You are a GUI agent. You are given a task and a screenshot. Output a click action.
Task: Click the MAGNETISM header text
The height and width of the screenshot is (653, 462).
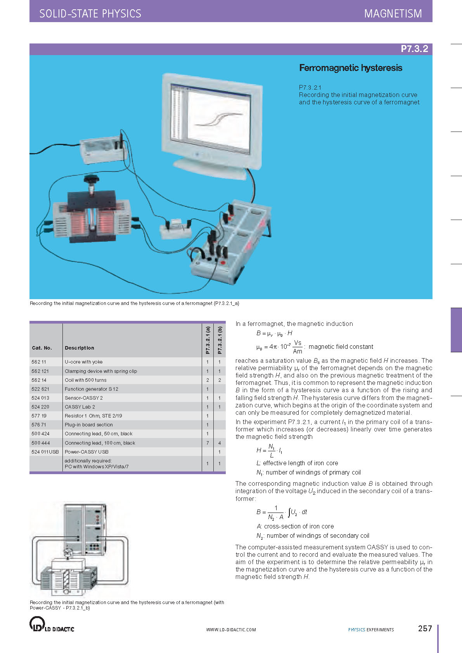click(x=393, y=14)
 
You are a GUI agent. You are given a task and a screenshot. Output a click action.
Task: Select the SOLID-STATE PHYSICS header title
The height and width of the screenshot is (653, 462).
click(x=90, y=14)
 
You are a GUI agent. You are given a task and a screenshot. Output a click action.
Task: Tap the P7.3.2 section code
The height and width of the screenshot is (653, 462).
click(x=414, y=49)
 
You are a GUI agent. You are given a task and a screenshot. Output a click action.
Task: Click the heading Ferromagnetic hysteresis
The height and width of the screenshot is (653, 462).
click(x=351, y=68)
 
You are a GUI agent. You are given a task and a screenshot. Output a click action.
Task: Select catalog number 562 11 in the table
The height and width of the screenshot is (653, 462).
click(x=39, y=362)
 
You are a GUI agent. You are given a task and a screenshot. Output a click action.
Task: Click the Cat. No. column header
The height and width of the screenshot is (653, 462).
click(x=42, y=348)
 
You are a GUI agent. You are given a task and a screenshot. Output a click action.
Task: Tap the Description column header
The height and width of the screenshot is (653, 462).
click(x=80, y=348)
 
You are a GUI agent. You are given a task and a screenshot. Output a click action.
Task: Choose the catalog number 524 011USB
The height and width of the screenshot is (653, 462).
click(x=45, y=452)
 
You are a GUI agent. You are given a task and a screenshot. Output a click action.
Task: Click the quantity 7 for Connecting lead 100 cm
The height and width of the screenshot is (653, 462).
click(x=208, y=443)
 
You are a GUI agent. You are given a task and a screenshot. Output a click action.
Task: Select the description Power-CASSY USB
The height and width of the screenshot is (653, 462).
click(x=87, y=452)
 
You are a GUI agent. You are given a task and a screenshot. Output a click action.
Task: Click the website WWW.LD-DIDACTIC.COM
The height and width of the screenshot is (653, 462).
click(x=231, y=630)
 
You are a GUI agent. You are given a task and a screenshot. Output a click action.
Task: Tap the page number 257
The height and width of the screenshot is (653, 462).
click(x=425, y=629)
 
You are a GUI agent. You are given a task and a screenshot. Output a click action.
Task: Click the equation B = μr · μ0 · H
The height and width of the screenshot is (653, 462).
click(x=274, y=333)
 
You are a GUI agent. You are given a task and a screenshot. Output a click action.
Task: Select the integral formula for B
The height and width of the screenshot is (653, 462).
click(x=282, y=513)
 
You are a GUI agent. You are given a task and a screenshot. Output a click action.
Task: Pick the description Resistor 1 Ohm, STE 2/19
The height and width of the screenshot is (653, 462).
click(x=93, y=416)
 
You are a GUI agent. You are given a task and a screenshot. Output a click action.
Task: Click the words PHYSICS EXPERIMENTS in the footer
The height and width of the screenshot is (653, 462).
click(x=371, y=630)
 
